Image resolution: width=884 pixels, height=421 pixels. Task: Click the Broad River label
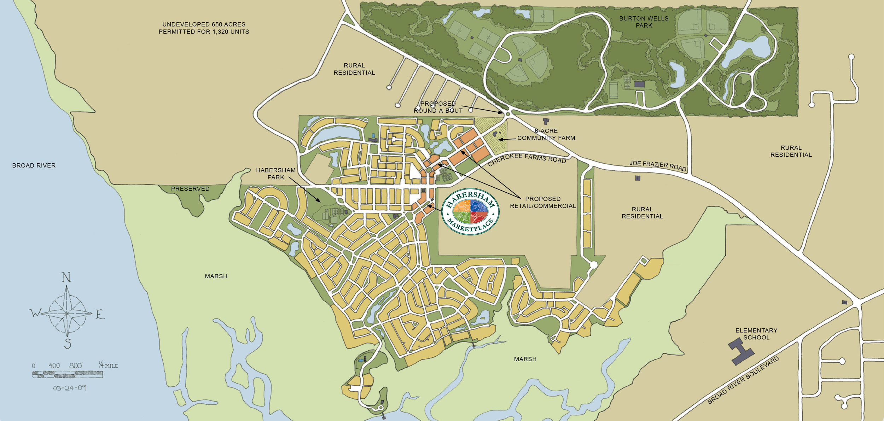click(34, 165)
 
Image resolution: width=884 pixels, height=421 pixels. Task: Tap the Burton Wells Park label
click(644, 22)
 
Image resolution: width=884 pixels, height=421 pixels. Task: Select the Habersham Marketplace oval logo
click(470, 211)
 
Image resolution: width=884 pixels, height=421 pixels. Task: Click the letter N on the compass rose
click(66, 278)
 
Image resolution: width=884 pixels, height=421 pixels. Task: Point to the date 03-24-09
click(70, 388)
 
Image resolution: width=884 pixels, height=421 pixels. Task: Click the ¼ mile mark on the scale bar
click(108, 365)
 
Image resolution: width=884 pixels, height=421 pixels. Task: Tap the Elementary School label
click(756, 334)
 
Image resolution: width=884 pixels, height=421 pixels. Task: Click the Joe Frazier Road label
click(658, 165)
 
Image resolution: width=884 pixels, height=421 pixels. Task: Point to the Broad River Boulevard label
click(743, 380)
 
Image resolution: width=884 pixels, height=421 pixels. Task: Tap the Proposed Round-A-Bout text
click(438, 107)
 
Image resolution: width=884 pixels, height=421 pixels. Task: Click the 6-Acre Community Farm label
click(546, 134)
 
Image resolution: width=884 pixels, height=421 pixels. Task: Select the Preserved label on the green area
click(190, 189)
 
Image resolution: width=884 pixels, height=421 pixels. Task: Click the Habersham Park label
click(275, 174)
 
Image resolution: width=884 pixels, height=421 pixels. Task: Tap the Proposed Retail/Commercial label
click(542, 202)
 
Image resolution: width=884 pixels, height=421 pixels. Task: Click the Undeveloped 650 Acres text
click(204, 28)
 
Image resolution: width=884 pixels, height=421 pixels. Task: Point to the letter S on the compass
click(68, 343)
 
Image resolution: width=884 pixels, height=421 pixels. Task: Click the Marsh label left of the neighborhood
click(216, 276)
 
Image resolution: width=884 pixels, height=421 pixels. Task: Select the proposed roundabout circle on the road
click(508, 113)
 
